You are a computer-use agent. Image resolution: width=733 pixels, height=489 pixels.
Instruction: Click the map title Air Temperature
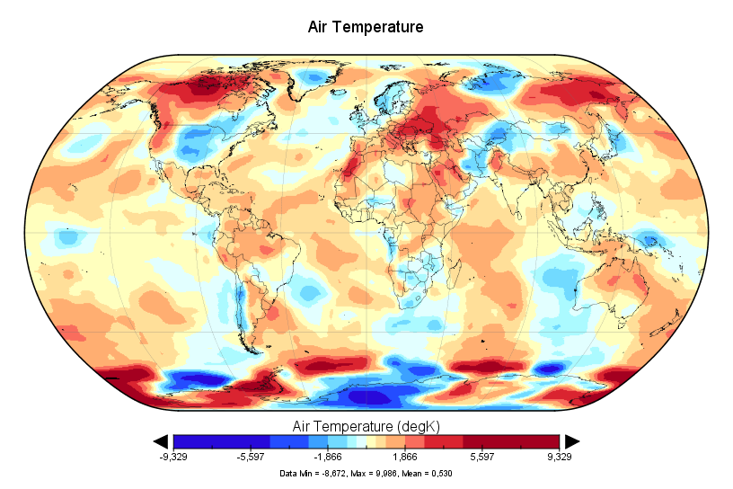pyautogui.click(x=366, y=27)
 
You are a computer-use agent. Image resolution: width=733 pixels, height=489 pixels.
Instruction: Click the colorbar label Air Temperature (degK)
pyautogui.click(x=366, y=424)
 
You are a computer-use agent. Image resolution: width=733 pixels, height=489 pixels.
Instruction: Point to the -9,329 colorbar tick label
pyautogui.click(x=172, y=458)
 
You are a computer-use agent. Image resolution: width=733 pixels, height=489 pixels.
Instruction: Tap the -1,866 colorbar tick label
pyautogui.click(x=327, y=458)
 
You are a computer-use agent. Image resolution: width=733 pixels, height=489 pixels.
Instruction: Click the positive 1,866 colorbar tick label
pyautogui.click(x=405, y=458)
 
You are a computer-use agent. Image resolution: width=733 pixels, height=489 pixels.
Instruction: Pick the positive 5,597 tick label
pyautogui.click(x=482, y=458)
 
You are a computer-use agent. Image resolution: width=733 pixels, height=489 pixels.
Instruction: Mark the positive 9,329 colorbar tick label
pyautogui.click(x=559, y=458)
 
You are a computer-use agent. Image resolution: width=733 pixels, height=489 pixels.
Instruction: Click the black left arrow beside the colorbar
pyautogui.click(x=162, y=440)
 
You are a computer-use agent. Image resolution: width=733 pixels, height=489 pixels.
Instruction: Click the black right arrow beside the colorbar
pyautogui.click(x=571, y=440)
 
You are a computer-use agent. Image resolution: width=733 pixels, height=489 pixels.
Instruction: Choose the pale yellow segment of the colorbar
pyautogui.click(x=366, y=440)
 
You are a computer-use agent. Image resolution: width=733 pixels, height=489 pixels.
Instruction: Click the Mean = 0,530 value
pyautogui.click(x=426, y=473)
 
